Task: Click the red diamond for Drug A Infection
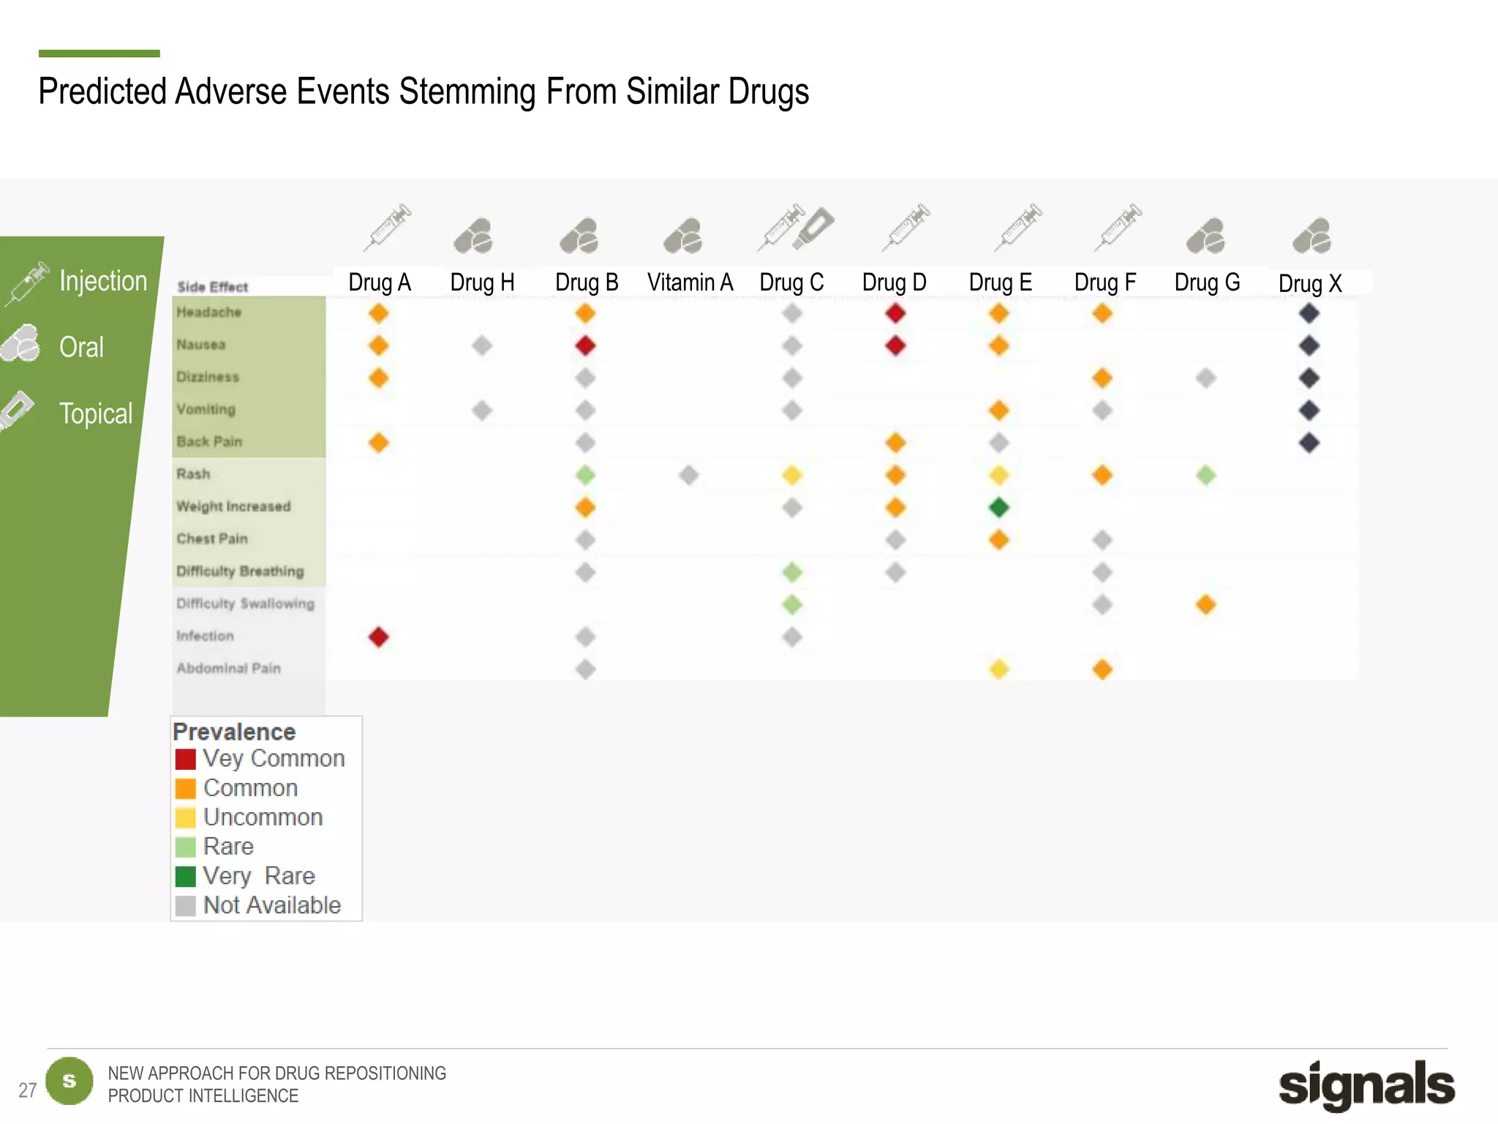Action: (378, 637)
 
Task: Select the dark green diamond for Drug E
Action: (998, 507)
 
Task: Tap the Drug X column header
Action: (1310, 284)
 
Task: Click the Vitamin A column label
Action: (690, 282)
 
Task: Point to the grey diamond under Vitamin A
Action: (688, 475)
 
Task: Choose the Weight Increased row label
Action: (233, 506)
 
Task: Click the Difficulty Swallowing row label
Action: (245, 604)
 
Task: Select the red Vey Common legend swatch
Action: (186, 759)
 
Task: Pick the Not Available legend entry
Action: (271, 905)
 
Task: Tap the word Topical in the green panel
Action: (96, 413)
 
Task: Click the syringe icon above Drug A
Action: (388, 227)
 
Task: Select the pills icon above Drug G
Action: (1206, 236)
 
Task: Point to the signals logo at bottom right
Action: (1366, 1084)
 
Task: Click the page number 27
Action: (27, 1090)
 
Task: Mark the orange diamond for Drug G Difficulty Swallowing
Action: (1205, 604)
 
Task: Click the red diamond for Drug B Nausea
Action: (585, 345)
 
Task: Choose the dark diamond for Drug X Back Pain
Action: (1309, 443)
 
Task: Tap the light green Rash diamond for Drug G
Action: (1205, 475)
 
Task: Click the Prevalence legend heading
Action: (234, 732)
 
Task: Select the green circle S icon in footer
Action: (69, 1081)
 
